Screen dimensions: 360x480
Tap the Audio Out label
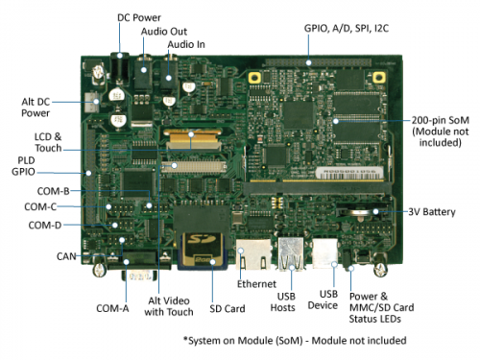164,32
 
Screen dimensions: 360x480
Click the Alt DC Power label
43,107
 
